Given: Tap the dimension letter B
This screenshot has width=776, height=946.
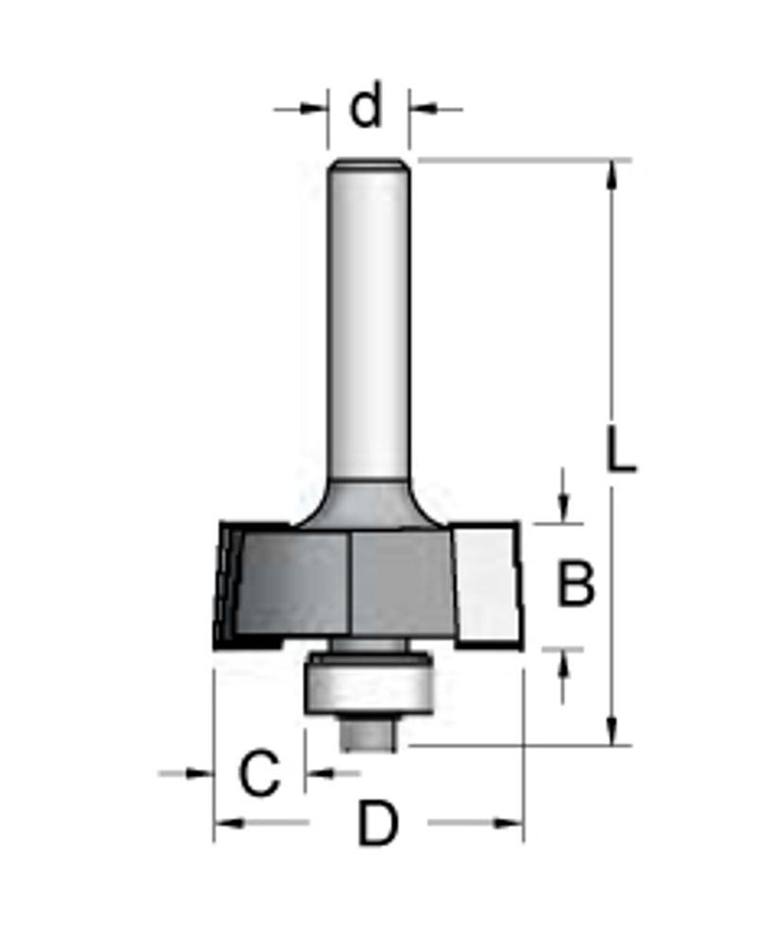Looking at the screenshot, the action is click(576, 583).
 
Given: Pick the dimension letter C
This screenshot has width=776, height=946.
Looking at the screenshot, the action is click(260, 773).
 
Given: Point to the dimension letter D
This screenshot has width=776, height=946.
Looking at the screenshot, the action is click(378, 824).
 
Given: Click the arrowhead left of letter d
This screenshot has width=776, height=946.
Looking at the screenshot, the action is click(314, 109).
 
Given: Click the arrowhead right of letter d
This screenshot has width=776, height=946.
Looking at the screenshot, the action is click(423, 109).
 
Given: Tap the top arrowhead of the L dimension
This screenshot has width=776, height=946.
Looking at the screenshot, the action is click(612, 175).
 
